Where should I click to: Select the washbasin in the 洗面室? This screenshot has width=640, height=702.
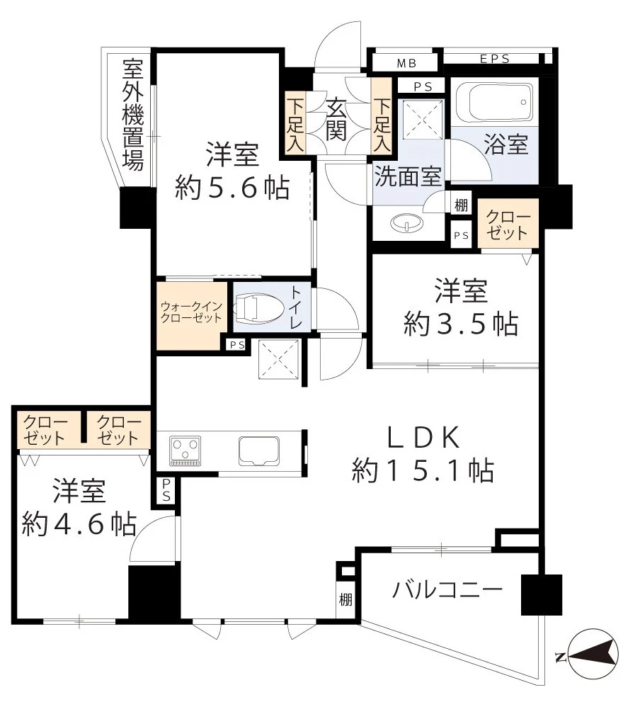(406, 222)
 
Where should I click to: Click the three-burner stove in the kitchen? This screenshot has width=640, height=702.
(185, 451)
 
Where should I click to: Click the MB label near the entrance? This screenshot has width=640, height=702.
(407, 63)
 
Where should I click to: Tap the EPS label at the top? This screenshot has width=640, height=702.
(495, 59)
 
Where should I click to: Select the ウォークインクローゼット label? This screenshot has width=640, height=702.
(191, 312)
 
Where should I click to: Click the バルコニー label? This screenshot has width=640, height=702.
(447, 589)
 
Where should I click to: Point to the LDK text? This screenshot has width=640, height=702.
(423, 437)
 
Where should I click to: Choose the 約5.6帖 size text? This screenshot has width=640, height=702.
(232, 188)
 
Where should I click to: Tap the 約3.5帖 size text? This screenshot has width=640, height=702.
(461, 324)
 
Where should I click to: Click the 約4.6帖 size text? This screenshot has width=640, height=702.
(79, 523)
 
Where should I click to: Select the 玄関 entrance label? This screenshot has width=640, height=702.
(336, 119)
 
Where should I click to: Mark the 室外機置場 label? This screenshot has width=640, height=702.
(133, 114)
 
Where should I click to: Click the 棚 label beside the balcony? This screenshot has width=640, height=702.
(345, 599)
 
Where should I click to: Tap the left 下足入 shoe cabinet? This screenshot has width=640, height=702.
(295, 125)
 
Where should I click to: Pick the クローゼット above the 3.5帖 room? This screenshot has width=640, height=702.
(508, 223)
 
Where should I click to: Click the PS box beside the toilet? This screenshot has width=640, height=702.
(237, 345)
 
